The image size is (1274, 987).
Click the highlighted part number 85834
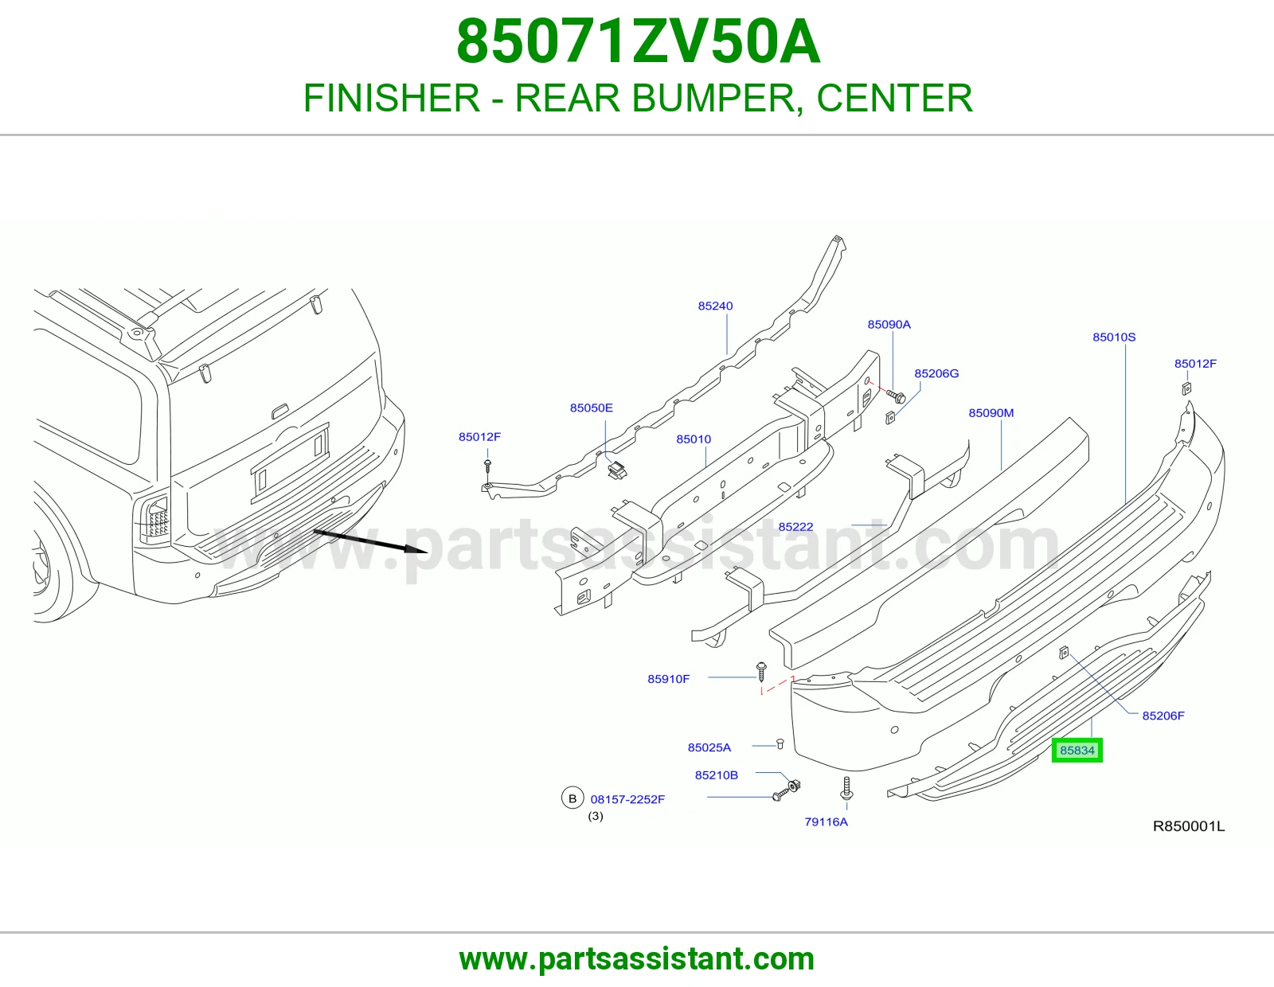coord(1077,751)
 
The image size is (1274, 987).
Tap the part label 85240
coord(715,306)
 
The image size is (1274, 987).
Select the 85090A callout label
coord(889,325)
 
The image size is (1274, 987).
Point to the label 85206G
coord(936,374)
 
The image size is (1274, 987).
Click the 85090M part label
coord(991,413)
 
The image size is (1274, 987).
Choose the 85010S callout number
coord(1114,337)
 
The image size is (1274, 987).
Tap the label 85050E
coord(591,408)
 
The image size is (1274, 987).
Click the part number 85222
coord(795,527)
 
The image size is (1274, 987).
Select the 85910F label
coord(668,679)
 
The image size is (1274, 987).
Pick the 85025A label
coord(709,748)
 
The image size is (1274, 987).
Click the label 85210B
coord(717,775)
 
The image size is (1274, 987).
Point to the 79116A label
coord(826,822)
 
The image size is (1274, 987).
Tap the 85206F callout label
coord(1163,716)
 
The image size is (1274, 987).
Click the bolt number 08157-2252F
coord(627,799)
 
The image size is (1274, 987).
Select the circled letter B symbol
coord(573,798)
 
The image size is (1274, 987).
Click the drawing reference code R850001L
coord(1189,826)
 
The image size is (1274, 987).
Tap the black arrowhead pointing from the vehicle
coord(416,549)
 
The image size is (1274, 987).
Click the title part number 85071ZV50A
coord(638,42)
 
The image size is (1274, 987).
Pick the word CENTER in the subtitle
coord(895,98)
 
